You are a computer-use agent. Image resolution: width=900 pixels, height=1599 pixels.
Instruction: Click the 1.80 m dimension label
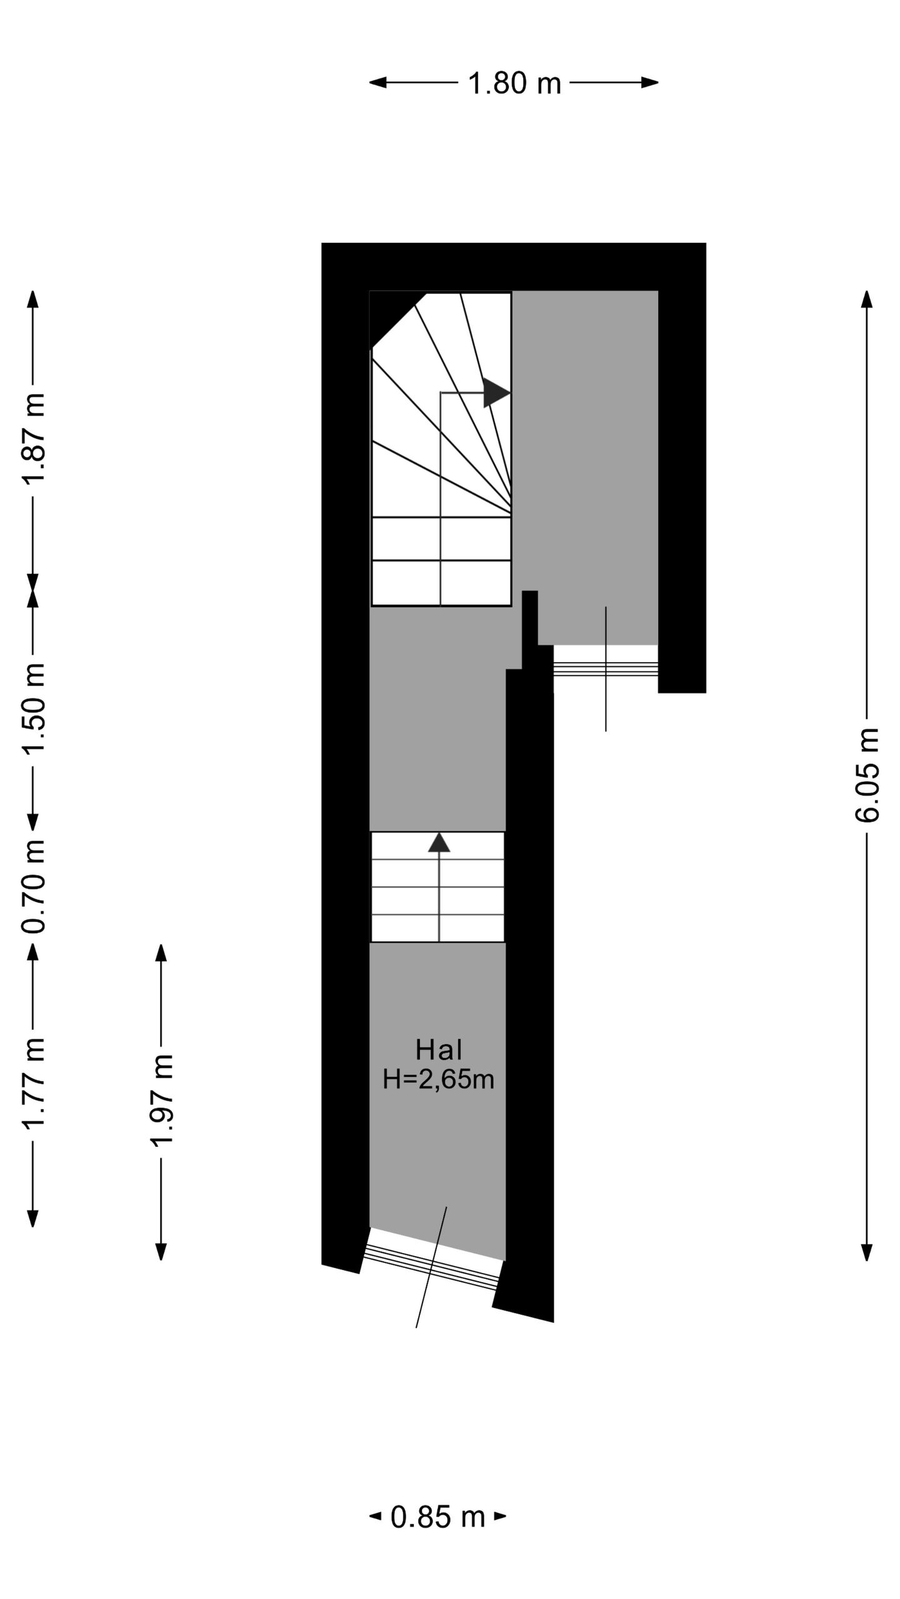point(514,83)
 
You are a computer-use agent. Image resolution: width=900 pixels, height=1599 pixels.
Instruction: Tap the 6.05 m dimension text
point(867,775)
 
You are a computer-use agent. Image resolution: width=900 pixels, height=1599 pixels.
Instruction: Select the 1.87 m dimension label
point(34,437)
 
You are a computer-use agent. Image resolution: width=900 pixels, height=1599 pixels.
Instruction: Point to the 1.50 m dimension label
point(34,708)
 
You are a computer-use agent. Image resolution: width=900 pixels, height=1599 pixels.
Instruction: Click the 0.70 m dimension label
point(34,886)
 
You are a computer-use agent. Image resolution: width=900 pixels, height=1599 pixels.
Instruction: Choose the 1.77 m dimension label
point(34,1084)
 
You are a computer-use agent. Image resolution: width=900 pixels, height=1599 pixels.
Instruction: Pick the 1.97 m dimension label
point(161,1101)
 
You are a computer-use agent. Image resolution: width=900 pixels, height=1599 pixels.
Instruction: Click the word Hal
point(439,1051)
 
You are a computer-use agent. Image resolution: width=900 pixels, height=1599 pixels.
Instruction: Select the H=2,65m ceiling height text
point(439,1079)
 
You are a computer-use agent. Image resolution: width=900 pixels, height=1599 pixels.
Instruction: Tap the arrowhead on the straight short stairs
point(439,843)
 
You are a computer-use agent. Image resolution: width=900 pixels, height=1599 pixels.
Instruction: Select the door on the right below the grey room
point(605,668)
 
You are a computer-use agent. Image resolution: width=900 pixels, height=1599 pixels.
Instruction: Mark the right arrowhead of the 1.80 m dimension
point(650,82)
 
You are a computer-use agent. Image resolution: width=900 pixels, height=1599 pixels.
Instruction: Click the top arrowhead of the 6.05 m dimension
point(867,299)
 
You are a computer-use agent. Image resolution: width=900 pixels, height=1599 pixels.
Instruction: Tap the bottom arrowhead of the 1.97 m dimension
point(161,1251)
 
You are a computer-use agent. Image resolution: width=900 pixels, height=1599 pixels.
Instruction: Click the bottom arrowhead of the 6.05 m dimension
point(867,1252)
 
